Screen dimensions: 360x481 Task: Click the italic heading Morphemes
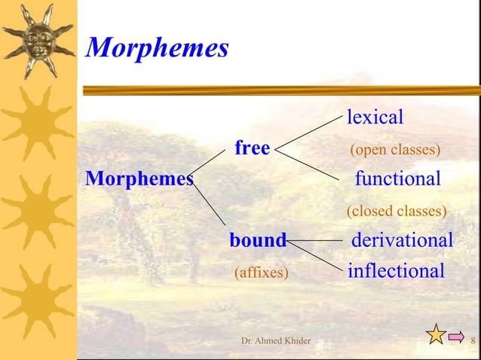coord(158,48)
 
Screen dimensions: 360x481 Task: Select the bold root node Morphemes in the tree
coord(139,179)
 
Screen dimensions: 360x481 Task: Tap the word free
coord(252,148)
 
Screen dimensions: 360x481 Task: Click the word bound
coord(258,241)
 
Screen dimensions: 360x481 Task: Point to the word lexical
coord(375,117)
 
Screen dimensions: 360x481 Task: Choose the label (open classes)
coord(395,150)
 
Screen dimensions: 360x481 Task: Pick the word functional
coord(397,179)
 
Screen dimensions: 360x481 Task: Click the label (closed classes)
coord(397,211)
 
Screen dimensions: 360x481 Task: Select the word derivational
coord(403,241)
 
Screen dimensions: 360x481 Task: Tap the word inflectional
coord(396,271)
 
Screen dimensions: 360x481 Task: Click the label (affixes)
coord(262,272)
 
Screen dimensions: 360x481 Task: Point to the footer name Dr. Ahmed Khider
coord(275,342)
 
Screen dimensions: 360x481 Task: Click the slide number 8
coord(473,342)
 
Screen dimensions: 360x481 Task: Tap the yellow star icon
coord(436,334)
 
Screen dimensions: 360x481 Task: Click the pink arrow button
coord(455,337)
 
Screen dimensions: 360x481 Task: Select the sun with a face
coord(38,39)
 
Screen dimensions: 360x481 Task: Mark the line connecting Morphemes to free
coord(209,164)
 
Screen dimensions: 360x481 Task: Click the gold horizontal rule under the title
coord(279,90)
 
